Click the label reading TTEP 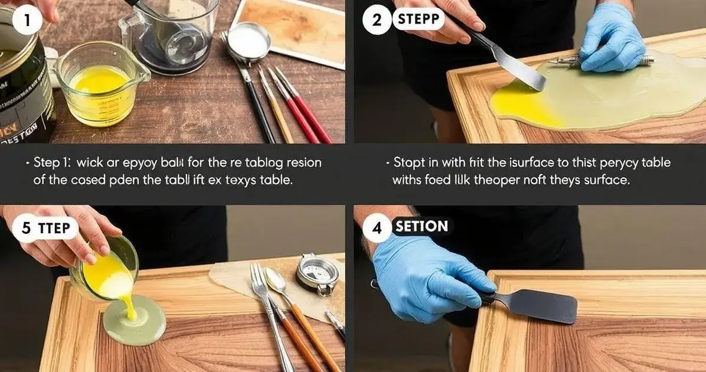[54, 228]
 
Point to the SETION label [421, 226]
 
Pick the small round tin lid [249, 42]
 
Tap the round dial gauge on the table [318, 272]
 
